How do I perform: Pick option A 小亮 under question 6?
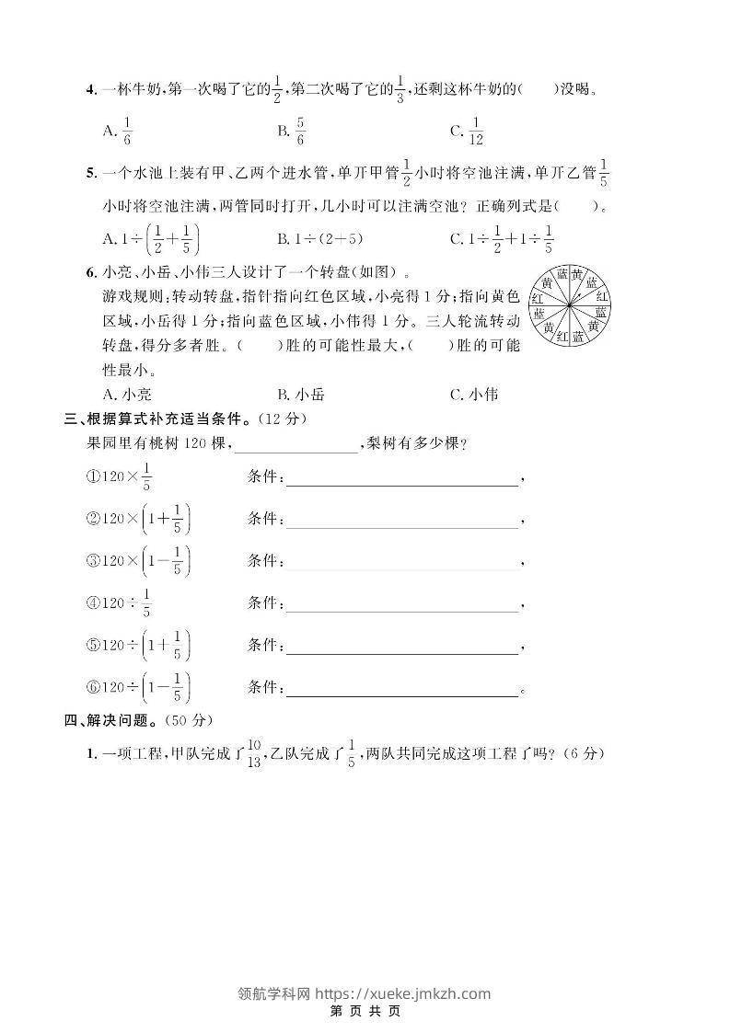click(128, 395)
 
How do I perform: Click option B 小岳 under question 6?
click(301, 395)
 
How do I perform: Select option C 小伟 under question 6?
click(474, 395)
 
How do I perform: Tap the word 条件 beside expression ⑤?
click(263, 648)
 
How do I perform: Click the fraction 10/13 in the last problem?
click(253, 755)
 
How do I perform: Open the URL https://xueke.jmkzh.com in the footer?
click(403, 993)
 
